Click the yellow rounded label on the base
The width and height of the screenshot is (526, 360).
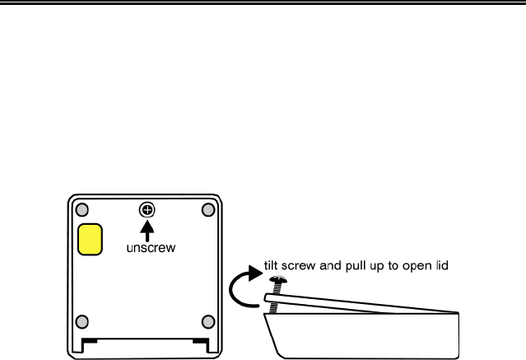click(89, 239)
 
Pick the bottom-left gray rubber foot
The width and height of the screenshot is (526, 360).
click(82, 321)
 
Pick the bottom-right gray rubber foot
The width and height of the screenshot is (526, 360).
click(207, 321)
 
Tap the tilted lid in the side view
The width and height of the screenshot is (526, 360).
click(362, 300)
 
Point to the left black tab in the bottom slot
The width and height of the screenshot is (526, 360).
click(91, 339)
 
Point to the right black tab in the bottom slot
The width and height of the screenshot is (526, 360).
click(200, 339)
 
